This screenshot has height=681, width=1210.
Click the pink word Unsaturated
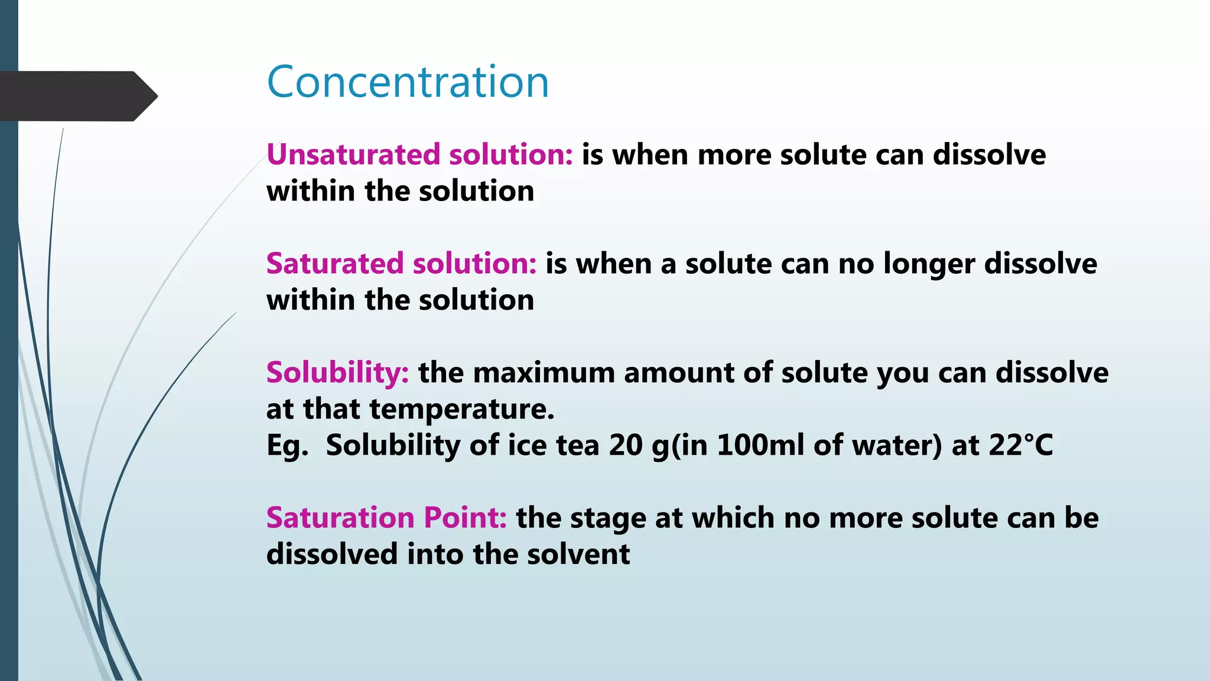tap(353, 155)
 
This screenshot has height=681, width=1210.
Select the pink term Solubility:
tap(337, 373)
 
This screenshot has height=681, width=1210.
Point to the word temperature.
tap(461, 409)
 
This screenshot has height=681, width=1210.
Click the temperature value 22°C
tap(1021, 445)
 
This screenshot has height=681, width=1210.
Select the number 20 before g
tap(625, 445)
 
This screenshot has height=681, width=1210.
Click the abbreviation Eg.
tap(287, 445)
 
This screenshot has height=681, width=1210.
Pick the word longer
tap(929, 264)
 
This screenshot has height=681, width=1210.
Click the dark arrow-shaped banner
tap(77, 96)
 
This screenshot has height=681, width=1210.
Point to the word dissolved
tap(331, 554)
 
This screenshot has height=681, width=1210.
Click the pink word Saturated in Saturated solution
tap(334, 264)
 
